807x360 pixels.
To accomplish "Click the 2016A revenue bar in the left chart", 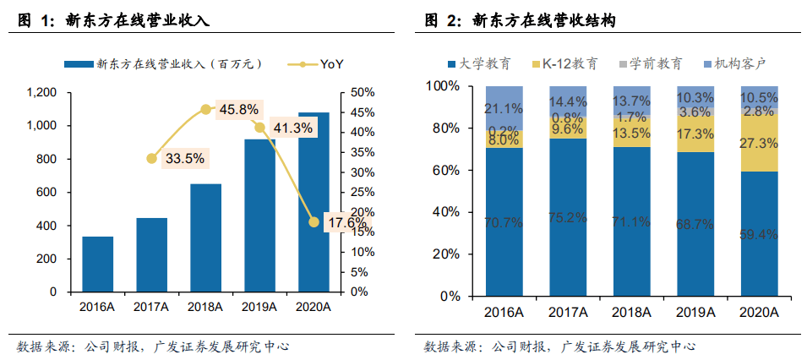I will [x=98, y=264].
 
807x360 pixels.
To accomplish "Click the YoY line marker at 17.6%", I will [x=314, y=222].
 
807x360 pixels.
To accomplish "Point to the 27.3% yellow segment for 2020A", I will [x=759, y=144].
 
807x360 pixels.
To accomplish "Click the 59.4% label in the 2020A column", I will [x=759, y=234].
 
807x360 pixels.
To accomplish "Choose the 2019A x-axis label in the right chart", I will [x=695, y=313].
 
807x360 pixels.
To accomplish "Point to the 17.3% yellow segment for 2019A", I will [x=695, y=134].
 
